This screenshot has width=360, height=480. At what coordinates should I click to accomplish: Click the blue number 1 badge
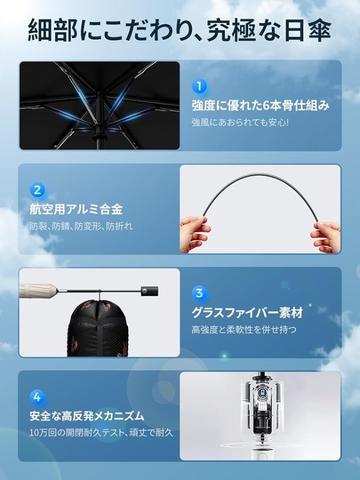coord(199,86)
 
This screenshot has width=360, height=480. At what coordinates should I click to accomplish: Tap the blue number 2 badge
coord(37,190)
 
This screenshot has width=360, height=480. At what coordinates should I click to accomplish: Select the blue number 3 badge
coord(199,293)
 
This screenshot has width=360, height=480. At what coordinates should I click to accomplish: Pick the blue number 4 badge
coord(37,397)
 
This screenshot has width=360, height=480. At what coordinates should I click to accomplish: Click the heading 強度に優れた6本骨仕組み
coord(260,106)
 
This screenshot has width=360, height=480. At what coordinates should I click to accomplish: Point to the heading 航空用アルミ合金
coord(76,210)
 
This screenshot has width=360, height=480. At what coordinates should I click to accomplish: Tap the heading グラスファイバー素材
coord(247,313)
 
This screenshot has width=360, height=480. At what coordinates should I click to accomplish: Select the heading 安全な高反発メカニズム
coord(87,417)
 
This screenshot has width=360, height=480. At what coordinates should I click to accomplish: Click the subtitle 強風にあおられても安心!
coord(240,123)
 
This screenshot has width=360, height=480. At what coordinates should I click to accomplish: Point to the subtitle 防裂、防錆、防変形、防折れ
coord(81,226)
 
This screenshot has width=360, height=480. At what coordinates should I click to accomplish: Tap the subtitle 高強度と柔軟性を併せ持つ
coord(244,330)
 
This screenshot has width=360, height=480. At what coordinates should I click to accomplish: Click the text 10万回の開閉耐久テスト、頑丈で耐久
coord(101,433)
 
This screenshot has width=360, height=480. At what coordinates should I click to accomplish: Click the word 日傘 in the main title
coord(307,30)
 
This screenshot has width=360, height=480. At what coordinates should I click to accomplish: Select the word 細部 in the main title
coord(52,30)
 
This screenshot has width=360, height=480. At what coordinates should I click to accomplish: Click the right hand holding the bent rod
coord(325,236)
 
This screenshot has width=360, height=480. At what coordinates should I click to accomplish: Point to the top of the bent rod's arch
coord(260,174)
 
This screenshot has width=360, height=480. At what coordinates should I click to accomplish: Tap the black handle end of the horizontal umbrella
coord(150,291)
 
